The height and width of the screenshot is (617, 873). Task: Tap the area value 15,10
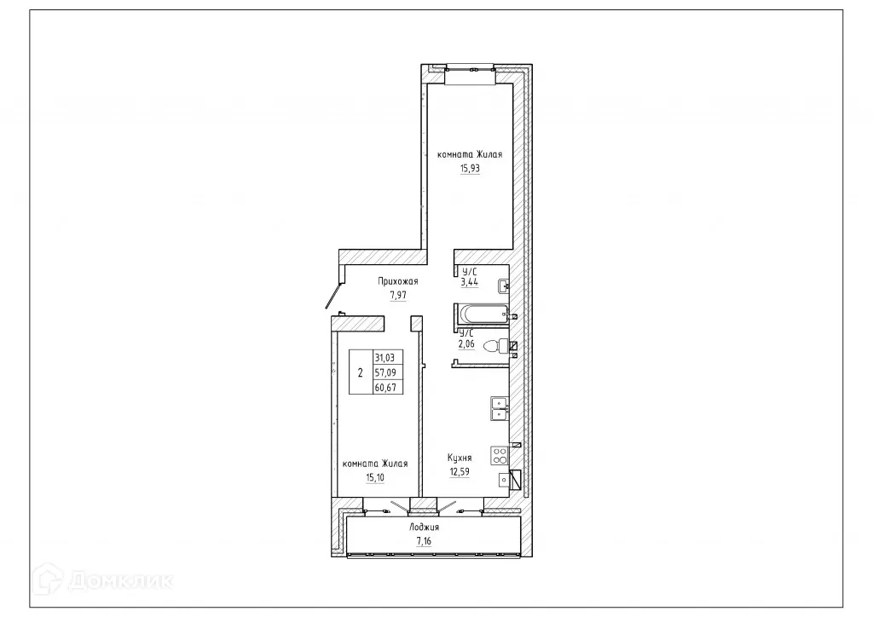click(374, 479)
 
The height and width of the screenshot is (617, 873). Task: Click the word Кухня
click(460, 458)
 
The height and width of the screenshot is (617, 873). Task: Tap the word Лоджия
click(424, 528)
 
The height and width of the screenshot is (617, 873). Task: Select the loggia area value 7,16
click(424, 541)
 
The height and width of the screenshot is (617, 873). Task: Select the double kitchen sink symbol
click(500, 410)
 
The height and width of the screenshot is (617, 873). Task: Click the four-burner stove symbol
click(500, 454)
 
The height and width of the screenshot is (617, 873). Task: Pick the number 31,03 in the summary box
click(386, 358)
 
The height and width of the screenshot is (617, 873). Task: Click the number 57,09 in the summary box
click(386, 372)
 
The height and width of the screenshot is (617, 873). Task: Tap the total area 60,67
click(386, 387)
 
